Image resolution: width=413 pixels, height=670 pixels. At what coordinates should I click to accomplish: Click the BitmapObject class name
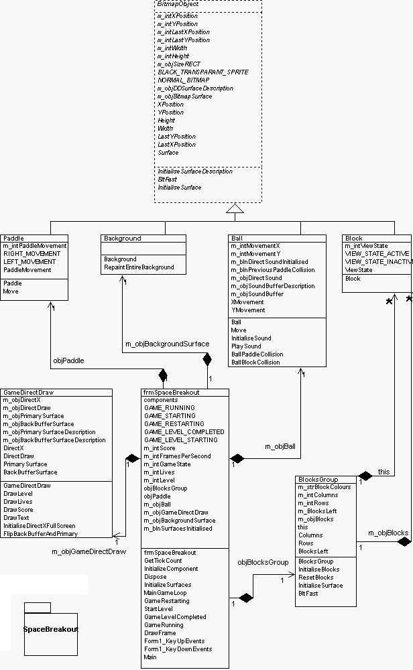tap(173, 5)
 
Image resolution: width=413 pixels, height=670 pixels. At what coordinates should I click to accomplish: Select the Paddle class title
tap(13, 238)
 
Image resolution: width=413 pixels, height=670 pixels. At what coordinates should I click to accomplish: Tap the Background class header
tap(122, 238)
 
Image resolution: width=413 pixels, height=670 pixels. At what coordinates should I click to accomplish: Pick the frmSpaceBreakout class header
tap(171, 392)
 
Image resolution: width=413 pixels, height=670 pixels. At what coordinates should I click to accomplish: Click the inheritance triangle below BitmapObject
tap(234, 209)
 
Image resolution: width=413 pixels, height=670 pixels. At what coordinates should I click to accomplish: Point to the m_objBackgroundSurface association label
tap(167, 344)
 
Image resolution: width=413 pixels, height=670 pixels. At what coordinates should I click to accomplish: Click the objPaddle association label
tap(68, 360)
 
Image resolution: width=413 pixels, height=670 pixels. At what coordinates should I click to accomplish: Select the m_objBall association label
tap(281, 446)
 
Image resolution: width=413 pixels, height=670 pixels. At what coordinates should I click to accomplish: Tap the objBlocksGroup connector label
tap(262, 561)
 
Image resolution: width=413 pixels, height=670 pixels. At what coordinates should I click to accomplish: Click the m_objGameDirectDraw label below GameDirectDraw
tap(88, 551)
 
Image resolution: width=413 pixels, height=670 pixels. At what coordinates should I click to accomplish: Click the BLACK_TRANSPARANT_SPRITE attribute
tap(202, 72)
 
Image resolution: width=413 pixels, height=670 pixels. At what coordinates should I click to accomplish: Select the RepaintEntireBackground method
tap(139, 267)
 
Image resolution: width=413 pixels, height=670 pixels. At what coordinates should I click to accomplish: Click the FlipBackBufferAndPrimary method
tap(40, 534)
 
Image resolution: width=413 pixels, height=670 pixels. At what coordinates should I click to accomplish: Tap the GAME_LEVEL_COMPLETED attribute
tap(184, 432)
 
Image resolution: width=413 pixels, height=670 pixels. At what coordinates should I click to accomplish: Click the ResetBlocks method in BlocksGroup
tap(316, 578)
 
